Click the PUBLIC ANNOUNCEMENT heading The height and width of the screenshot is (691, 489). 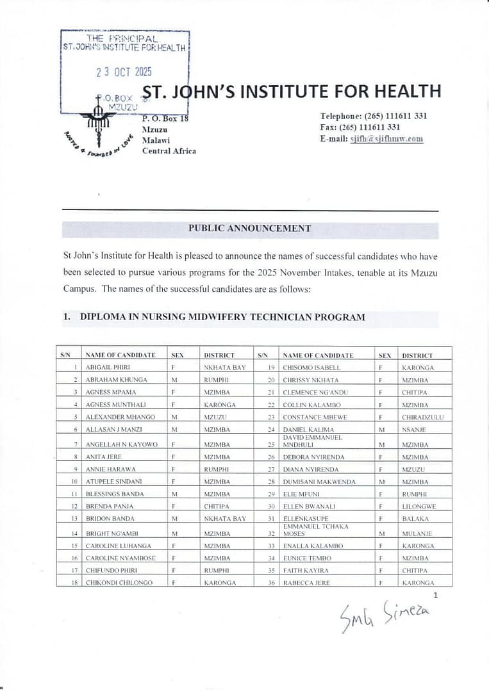coord(249,228)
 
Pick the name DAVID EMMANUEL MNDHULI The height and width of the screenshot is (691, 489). coord(312,441)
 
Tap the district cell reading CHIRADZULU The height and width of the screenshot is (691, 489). coord(423,417)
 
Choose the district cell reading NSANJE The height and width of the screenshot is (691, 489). coord(413,429)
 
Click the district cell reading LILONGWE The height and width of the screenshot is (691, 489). coord(419,506)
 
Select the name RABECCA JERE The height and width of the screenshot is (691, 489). coord(306,583)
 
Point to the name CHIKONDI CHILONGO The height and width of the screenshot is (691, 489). coord(119,583)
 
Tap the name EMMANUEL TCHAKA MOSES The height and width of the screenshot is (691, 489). coord(315,530)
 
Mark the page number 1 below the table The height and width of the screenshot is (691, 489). coord(436,596)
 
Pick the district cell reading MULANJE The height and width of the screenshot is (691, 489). coord(417,533)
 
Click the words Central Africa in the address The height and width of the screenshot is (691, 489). coord(169,151)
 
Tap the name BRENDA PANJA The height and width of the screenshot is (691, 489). coord(106,506)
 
